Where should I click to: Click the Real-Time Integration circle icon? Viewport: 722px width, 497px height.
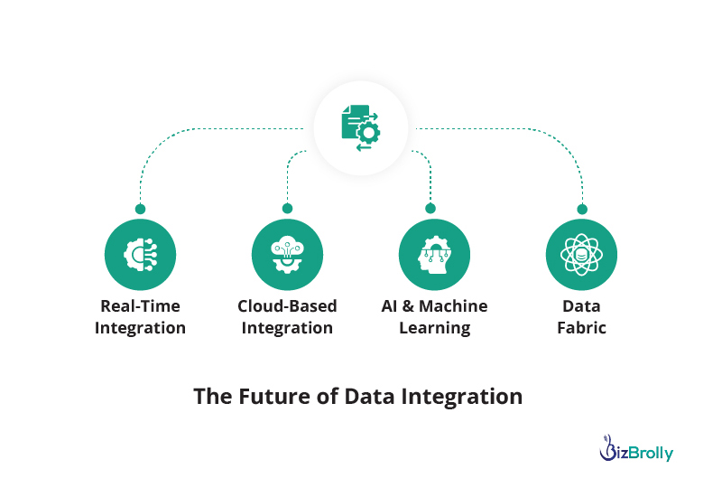tap(140, 255)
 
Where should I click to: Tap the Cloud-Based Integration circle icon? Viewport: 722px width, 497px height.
tap(287, 255)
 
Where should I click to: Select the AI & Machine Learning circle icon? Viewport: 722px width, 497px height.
tap(434, 255)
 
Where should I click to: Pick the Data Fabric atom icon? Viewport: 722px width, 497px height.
tap(581, 255)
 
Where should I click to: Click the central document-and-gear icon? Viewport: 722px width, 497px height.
tap(360, 127)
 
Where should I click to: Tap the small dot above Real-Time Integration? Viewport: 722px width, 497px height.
tap(141, 209)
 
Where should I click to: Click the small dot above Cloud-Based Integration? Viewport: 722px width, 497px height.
tap(287, 209)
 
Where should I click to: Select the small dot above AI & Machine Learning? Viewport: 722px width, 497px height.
tap(430, 209)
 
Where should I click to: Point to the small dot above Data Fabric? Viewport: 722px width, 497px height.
tap(582, 210)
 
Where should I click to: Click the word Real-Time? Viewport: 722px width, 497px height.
tap(141, 306)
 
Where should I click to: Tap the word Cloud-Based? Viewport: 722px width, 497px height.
tap(287, 306)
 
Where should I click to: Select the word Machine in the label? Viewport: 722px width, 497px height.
tap(453, 306)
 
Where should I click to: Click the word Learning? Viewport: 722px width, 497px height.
tap(435, 328)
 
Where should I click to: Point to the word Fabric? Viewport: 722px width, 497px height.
tap(581, 328)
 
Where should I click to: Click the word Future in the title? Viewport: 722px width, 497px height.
tap(274, 397)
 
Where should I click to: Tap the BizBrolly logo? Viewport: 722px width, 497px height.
tap(636, 448)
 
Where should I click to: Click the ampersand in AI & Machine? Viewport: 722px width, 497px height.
tap(408, 306)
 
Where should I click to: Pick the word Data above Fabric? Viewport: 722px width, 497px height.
tap(581, 306)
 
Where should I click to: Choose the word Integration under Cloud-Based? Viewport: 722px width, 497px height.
tap(287, 328)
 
